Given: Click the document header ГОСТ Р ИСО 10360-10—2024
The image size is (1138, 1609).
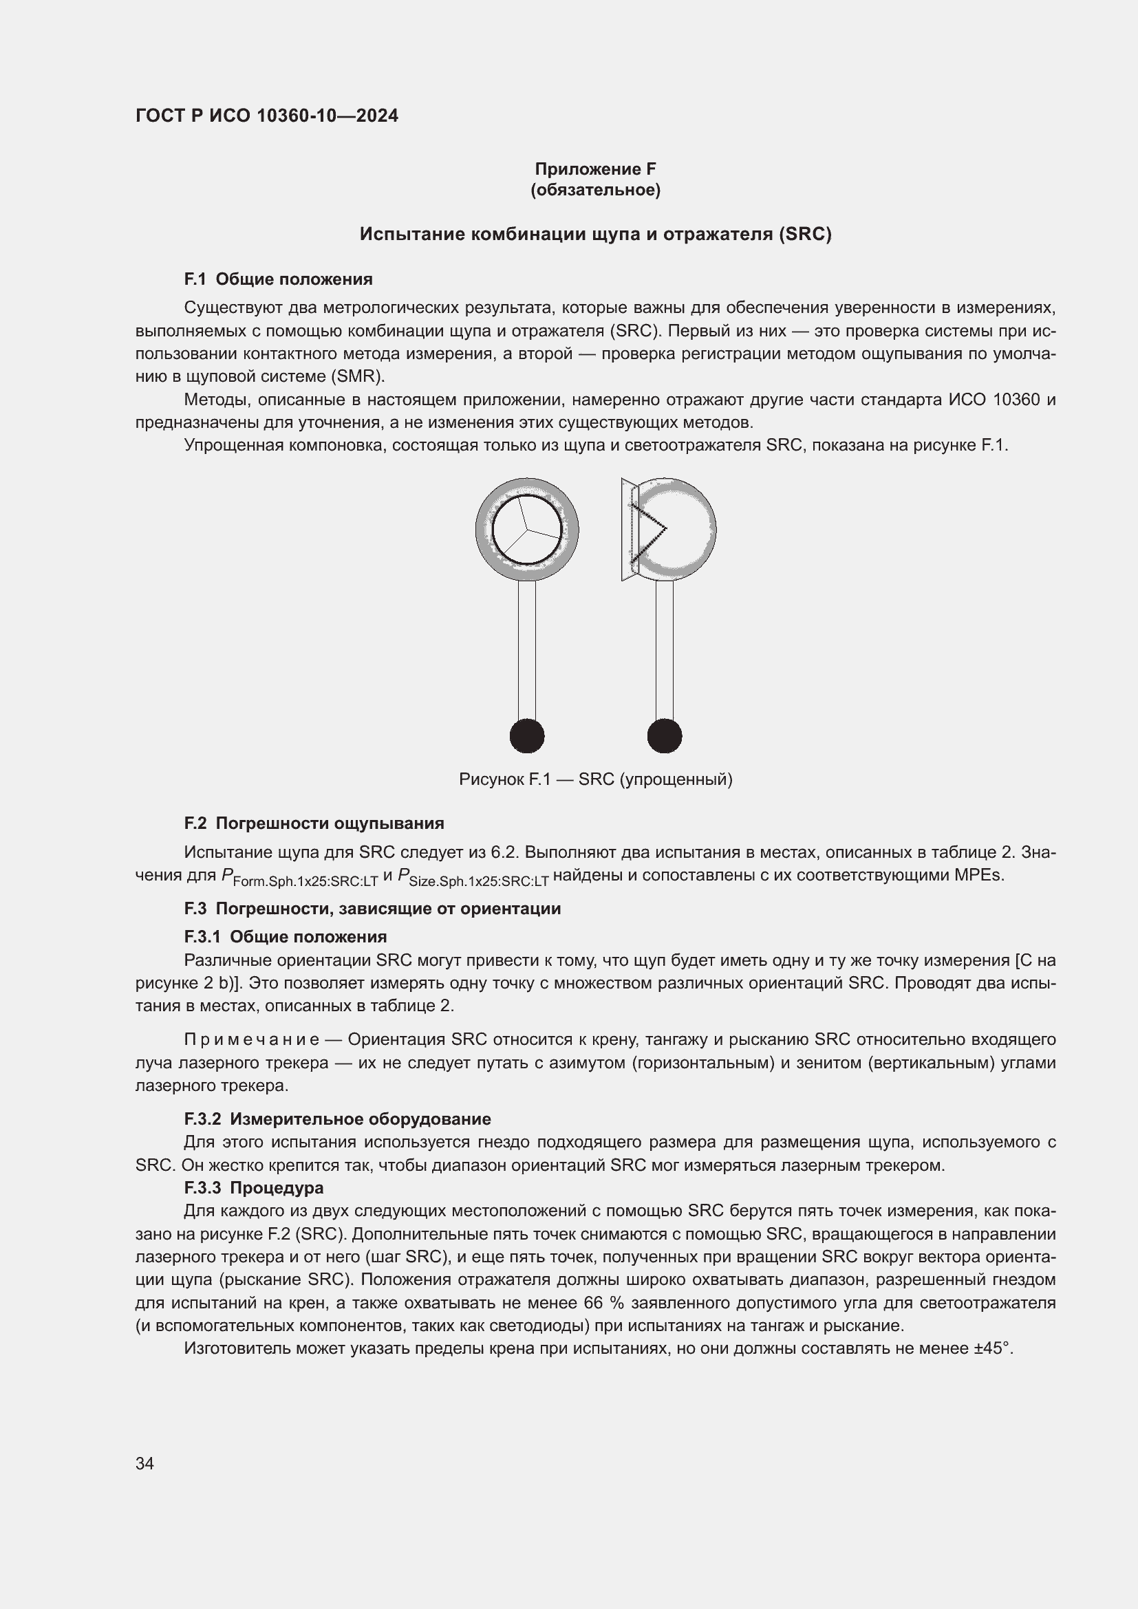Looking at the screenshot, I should click(266, 116).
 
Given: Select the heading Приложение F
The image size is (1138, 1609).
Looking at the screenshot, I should click(595, 169).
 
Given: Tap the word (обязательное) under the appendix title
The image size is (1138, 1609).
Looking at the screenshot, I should click(595, 190).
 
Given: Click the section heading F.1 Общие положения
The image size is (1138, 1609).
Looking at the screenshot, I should click(278, 279).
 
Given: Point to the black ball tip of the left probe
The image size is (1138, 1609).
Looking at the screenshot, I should click(527, 736).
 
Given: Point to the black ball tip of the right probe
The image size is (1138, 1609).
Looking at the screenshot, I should click(665, 736).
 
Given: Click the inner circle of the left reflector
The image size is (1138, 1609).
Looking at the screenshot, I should click(527, 529).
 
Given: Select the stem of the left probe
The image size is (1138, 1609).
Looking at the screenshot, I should click(527, 648).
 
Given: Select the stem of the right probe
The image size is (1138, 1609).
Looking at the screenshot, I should click(665, 648).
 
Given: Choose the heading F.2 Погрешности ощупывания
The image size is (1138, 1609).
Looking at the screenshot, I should click(314, 823).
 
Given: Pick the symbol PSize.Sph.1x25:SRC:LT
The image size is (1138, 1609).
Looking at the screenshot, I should click(473, 877).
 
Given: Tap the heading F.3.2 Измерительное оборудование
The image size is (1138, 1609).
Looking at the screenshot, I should click(337, 1119).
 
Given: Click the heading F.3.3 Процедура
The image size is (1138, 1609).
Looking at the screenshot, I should click(254, 1188).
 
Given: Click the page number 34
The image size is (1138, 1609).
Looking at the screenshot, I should click(145, 1463).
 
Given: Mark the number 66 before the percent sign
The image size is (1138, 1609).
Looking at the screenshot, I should click(594, 1303).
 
